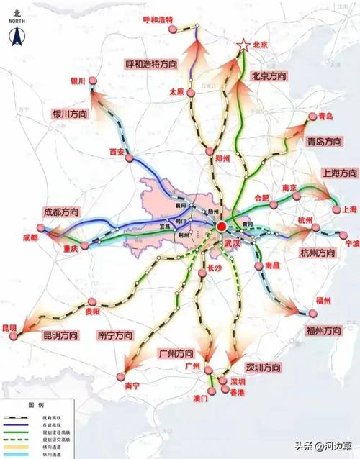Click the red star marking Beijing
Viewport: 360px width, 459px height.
[244, 45]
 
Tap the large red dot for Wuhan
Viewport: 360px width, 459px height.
[222, 227]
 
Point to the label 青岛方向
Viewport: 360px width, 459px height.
[323, 141]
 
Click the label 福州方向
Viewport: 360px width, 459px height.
[322, 331]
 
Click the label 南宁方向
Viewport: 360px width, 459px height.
[115, 336]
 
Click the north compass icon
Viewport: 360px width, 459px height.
[15, 29]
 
